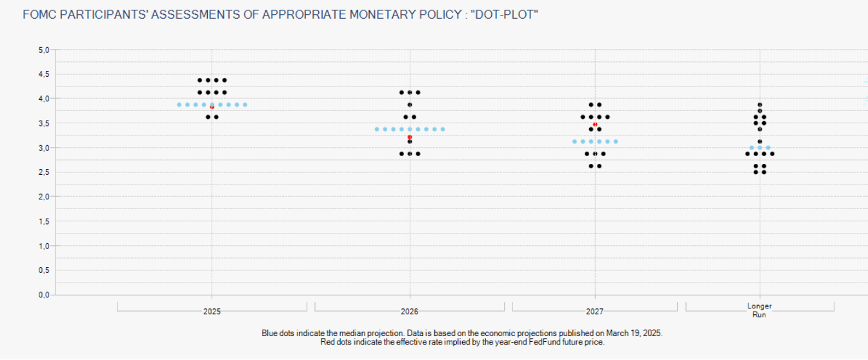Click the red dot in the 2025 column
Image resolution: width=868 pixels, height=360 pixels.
pos(212,107)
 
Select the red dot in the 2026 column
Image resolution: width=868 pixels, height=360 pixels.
pos(410,137)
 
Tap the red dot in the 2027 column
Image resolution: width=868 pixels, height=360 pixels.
pos(595,124)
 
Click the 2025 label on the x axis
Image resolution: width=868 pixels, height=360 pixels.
pos(212,312)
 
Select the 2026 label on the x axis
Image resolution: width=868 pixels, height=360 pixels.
pos(410,312)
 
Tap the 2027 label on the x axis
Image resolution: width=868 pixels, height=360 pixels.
pos(595,312)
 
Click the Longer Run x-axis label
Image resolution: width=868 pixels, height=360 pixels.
pos(760,310)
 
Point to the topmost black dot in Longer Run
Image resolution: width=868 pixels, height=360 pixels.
pos(760,105)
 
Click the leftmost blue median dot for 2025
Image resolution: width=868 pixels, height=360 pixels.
pos(179,105)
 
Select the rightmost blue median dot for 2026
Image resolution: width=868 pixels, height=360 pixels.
pos(443,129)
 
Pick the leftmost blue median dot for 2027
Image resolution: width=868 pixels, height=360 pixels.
pos(574,141)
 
